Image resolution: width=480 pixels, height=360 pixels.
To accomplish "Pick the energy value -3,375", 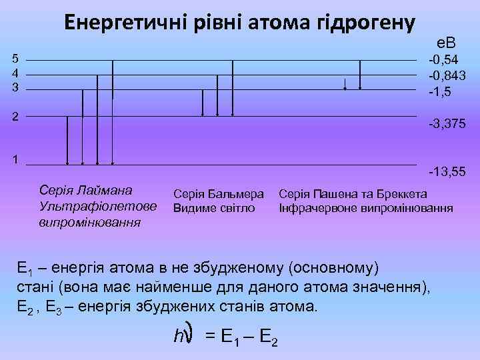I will (x=447, y=124).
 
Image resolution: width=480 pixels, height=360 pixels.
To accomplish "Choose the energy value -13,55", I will (x=447, y=172).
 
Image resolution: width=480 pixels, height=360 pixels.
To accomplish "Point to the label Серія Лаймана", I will (x=85, y=191).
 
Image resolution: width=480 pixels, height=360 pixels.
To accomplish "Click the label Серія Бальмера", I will (x=219, y=195).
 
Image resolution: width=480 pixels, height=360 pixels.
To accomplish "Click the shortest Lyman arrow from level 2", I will (x=67, y=140).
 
